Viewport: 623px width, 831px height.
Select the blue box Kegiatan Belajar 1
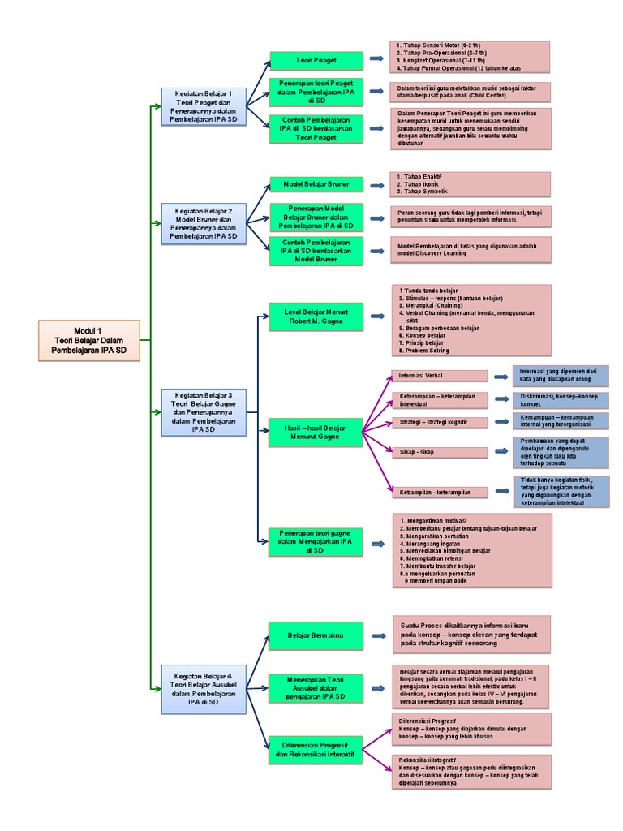coord(203,106)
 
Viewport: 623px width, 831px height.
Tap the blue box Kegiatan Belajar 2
coord(203,223)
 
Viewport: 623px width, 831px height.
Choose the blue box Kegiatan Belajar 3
coord(204,412)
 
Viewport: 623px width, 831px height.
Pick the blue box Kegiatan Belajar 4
coord(203,690)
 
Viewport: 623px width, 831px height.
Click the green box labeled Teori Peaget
coord(316,59)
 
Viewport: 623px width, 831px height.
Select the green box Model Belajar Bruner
coord(316,184)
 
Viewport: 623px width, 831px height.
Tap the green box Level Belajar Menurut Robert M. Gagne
coord(316,316)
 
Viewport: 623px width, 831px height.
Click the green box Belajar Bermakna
coord(316,635)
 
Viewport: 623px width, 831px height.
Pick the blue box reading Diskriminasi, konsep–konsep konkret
coord(561,400)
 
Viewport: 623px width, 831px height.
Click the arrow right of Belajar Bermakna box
coord(378,637)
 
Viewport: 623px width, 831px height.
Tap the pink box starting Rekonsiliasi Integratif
coord(470,772)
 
